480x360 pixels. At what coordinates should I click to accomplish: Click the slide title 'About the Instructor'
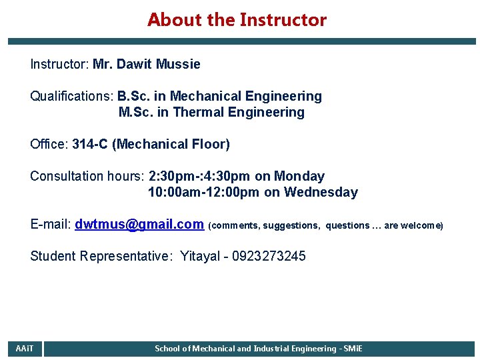click(237, 20)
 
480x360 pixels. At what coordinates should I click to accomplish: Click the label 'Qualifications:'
click(72, 97)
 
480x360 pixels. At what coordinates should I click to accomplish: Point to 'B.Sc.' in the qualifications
click(133, 97)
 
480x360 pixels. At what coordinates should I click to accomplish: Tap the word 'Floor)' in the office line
click(209, 145)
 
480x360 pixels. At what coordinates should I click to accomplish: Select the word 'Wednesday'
click(321, 193)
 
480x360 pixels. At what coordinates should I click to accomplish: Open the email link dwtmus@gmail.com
click(139, 225)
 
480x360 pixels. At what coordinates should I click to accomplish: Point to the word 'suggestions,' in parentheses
click(291, 225)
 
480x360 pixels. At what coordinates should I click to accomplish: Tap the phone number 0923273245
click(269, 257)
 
